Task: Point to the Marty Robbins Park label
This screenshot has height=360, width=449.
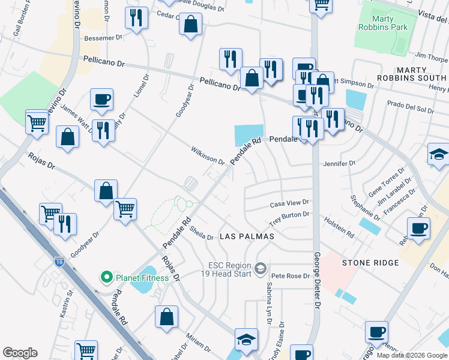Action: point(382,23)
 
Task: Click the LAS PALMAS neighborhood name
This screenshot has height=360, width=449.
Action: point(247,236)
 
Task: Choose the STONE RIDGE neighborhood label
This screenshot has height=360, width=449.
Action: point(370,263)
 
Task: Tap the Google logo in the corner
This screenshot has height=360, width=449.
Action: point(20,353)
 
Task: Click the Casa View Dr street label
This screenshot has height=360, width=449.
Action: point(289,203)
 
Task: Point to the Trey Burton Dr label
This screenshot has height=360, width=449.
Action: point(289,215)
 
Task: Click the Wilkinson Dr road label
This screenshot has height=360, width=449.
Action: point(208,155)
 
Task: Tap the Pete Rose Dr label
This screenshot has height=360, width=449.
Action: point(290,277)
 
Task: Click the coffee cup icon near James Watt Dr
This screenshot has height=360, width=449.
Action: point(101,98)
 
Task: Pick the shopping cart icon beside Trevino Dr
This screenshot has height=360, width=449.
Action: point(37,122)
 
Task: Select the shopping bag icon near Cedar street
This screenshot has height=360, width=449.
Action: point(191,25)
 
